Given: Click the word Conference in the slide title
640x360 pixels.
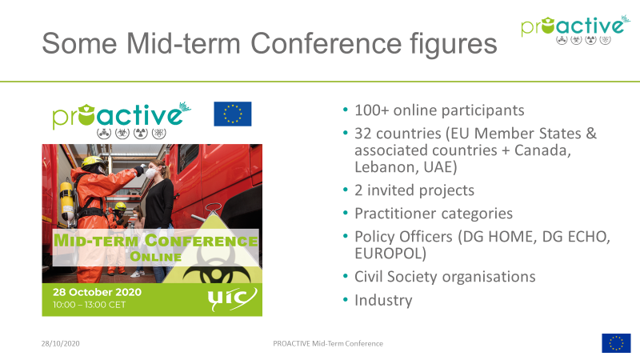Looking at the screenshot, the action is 326,43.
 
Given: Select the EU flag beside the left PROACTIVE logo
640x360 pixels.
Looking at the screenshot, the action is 233,114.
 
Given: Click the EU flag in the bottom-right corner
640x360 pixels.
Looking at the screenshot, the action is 616,343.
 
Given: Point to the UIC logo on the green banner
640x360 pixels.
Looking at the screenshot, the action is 232,298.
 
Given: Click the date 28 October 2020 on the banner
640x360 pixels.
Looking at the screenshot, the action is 97,292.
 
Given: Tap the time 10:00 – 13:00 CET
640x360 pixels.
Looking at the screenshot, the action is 89,305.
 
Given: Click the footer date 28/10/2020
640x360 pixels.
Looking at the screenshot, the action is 61,344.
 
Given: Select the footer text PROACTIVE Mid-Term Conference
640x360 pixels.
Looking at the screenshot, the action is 328,344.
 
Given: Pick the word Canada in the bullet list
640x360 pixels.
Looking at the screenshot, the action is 542,150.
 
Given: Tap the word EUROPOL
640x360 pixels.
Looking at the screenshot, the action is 390,254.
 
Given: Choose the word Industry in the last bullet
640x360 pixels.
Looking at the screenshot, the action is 383,301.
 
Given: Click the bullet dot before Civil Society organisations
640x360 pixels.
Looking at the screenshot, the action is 346,276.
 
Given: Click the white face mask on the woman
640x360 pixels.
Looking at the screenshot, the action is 150,173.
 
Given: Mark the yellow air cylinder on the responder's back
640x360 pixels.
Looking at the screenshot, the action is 67,202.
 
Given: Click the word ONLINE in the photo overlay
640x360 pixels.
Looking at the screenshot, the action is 155,257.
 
